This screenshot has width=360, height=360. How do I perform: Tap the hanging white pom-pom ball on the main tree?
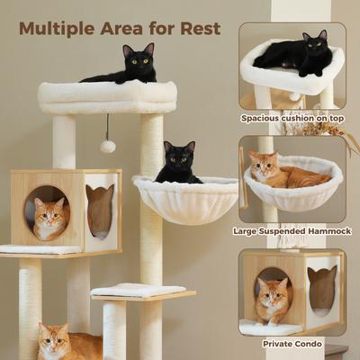[x=107, y=146]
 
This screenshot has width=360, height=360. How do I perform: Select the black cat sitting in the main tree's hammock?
[x=178, y=164]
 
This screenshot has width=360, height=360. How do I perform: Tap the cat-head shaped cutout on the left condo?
[x=100, y=210]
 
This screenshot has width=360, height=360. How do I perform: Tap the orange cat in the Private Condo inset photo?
[x=272, y=299]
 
